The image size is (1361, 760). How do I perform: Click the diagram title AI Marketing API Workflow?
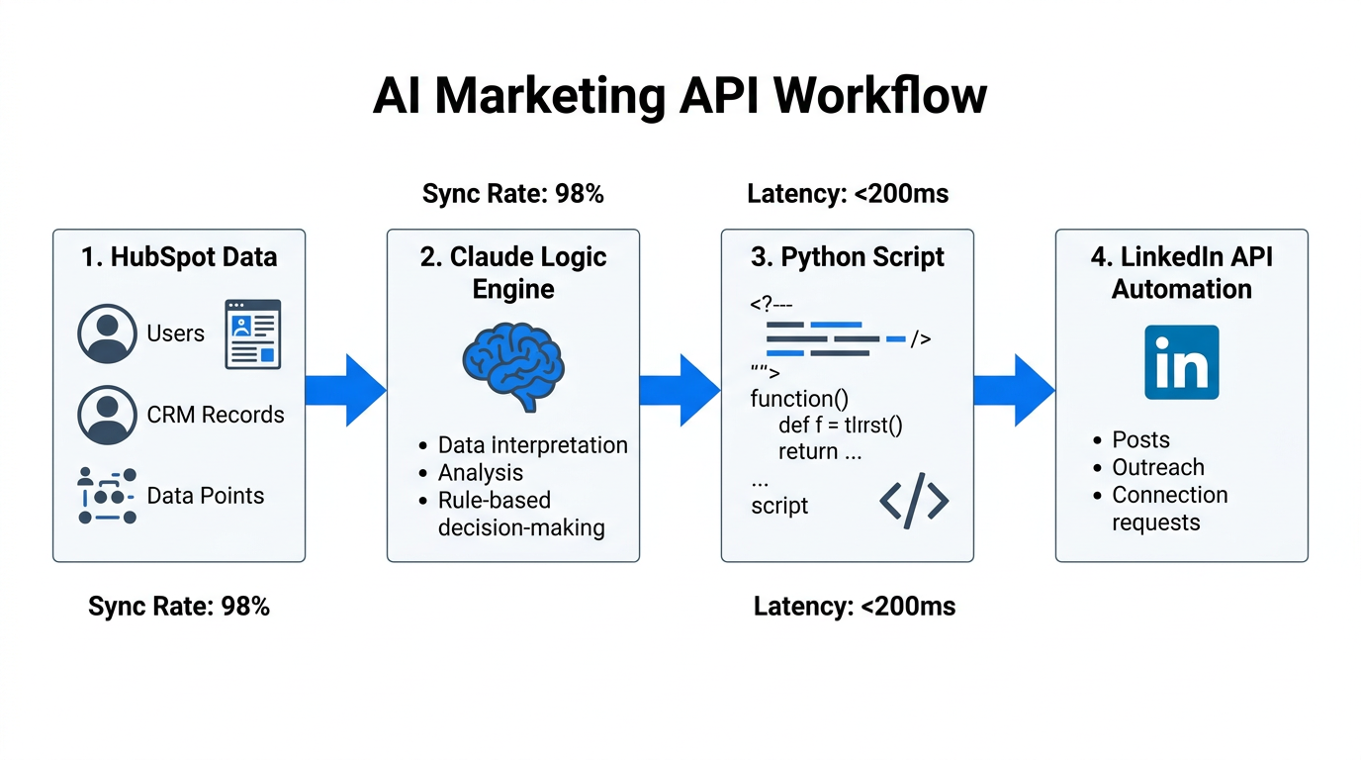click(x=680, y=96)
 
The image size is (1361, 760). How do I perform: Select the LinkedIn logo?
click(x=1181, y=362)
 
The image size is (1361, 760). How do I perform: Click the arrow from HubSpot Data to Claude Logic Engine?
click(x=345, y=390)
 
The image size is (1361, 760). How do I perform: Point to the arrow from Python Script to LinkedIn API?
click(x=1014, y=390)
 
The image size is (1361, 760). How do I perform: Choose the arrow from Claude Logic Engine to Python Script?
click(x=680, y=390)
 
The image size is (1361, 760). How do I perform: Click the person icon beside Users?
click(x=107, y=334)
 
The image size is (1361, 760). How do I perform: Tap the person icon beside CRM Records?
click(x=107, y=416)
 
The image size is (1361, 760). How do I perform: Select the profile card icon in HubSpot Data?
click(x=252, y=334)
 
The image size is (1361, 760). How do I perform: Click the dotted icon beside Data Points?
click(x=107, y=496)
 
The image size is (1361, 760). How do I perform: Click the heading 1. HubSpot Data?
click(x=179, y=257)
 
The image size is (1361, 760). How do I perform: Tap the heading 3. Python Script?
click(x=848, y=257)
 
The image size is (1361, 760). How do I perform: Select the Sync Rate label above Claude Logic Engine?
click(x=512, y=194)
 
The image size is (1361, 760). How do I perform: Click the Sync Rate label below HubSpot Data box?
click(x=179, y=607)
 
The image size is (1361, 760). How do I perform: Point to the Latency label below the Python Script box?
click(x=855, y=607)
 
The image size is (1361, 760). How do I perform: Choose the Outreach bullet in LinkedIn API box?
click(x=1157, y=467)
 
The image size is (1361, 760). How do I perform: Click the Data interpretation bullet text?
click(x=532, y=445)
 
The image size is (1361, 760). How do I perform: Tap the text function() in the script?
click(x=799, y=399)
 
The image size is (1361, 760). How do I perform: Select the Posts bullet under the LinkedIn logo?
click(x=1140, y=440)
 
